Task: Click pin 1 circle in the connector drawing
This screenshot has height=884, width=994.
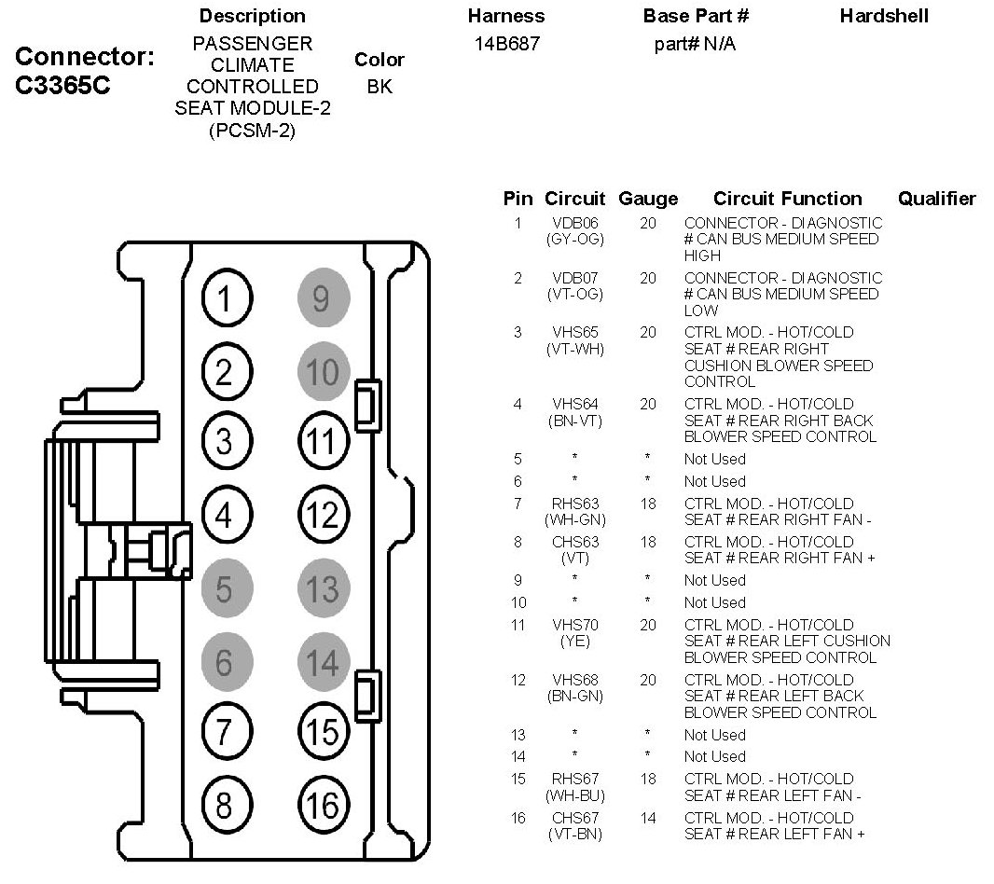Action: click(x=224, y=300)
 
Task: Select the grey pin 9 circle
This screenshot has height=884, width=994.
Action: click(x=322, y=299)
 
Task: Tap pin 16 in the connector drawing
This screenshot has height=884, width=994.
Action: click(x=322, y=805)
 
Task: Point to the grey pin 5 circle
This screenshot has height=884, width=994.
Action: click(x=224, y=589)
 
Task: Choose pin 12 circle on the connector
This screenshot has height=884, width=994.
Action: click(x=322, y=514)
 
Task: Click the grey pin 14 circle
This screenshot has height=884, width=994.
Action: click(x=322, y=662)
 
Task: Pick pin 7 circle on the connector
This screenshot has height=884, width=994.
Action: click(x=224, y=733)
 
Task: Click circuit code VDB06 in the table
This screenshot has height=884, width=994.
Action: click(x=574, y=224)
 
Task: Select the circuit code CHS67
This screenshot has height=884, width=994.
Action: click(x=574, y=818)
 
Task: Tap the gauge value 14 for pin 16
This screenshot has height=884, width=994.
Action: click(x=648, y=818)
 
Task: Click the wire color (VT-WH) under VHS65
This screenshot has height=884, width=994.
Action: click(x=574, y=349)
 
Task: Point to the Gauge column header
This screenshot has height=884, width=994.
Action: click(x=648, y=199)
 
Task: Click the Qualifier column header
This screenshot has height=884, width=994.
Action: click(x=936, y=199)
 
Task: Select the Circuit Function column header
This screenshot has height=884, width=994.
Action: click(x=787, y=199)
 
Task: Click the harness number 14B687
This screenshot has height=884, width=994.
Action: click(x=506, y=43)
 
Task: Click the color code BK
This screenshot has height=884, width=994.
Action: click(x=380, y=87)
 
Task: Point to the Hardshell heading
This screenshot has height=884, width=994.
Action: click(x=884, y=16)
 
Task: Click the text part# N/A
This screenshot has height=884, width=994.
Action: click(x=695, y=43)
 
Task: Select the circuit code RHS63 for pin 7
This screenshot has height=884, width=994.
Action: click(x=574, y=504)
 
